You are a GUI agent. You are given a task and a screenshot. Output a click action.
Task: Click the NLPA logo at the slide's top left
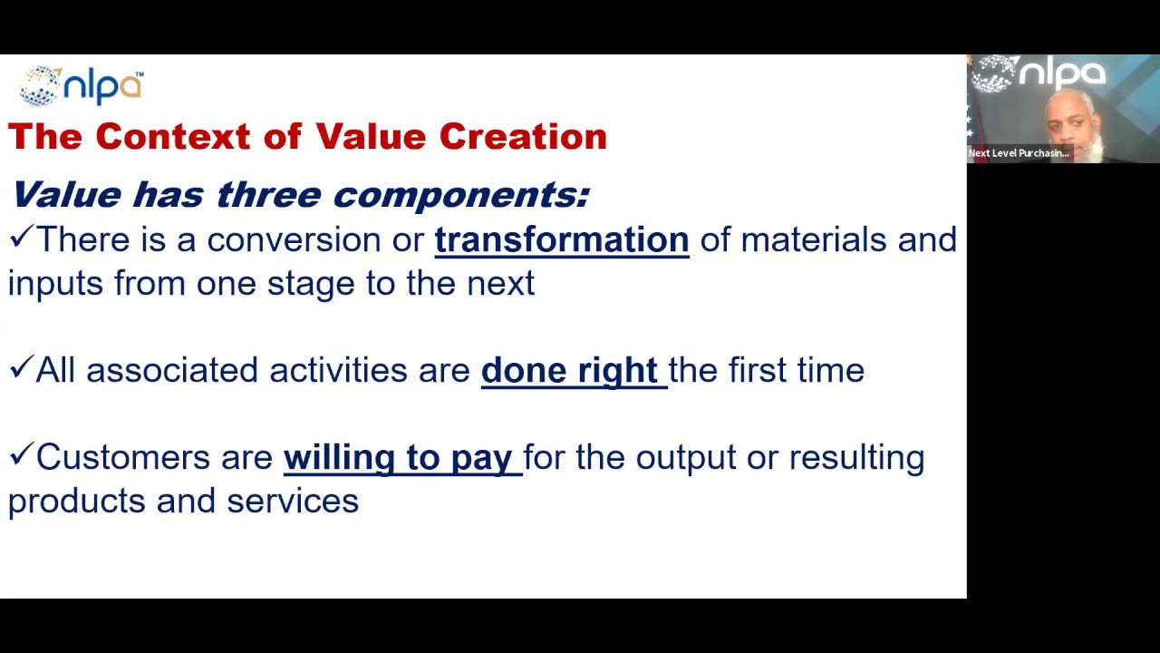tap(81, 86)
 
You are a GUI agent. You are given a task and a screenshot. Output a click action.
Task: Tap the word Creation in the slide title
tap(523, 137)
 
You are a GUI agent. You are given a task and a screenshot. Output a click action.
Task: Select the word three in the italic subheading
tap(268, 195)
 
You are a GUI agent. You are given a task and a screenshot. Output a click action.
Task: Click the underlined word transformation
tap(562, 240)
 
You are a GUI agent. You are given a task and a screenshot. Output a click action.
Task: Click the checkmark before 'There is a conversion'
tap(20, 239)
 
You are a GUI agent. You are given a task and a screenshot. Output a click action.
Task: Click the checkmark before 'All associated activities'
tap(20, 368)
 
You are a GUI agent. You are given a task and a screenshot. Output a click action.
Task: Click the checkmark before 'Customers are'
tap(20, 455)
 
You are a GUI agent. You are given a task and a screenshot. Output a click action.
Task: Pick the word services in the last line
tap(292, 502)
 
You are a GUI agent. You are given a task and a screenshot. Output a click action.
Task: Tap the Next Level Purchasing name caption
tap(1019, 153)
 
